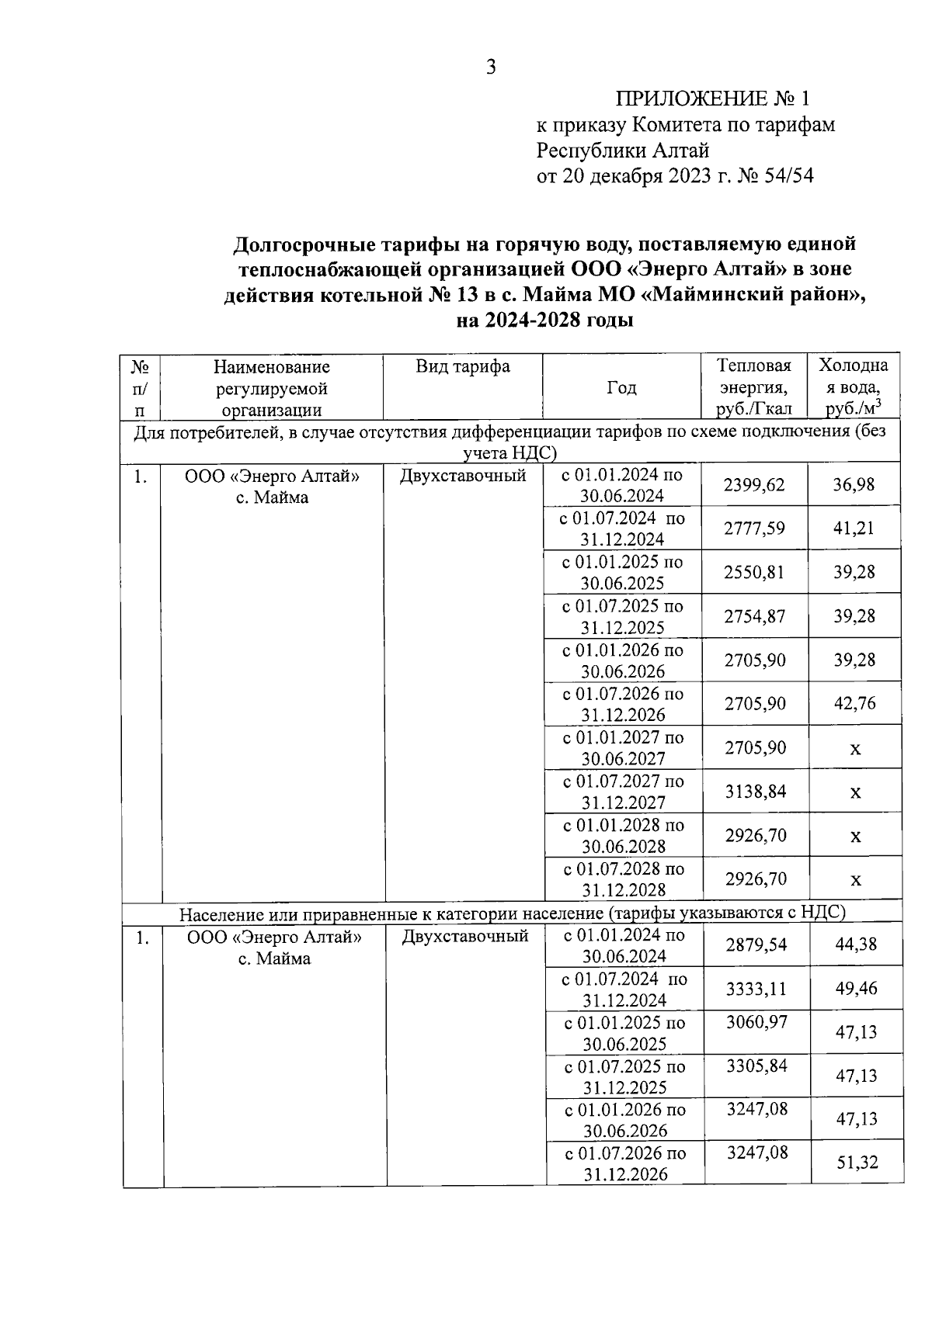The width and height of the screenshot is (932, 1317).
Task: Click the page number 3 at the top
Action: [x=490, y=68]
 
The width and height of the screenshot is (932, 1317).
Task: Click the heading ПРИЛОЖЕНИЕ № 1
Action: [x=711, y=99]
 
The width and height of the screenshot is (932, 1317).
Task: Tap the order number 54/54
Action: [x=788, y=176]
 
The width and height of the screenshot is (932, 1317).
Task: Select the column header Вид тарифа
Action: [x=462, y=366]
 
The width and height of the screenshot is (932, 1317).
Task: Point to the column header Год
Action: [x=621, y=388]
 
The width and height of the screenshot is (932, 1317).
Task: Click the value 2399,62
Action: [x=753, y=485]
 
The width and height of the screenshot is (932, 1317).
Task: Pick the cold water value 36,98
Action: [x=854, y=485]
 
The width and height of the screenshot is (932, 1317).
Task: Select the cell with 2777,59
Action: [x=753, y=529]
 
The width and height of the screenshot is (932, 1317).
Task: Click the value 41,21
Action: [x=854, y=529]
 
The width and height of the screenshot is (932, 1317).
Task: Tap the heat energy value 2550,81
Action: [x=753, y=573]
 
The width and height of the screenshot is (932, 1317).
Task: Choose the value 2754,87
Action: [x=753, y=616]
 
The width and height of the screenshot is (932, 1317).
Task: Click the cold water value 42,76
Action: [x=854, y=704]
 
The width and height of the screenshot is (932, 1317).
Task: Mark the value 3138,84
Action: [x=753, y=792]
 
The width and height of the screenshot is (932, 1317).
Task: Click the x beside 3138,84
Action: [x=854, y=793]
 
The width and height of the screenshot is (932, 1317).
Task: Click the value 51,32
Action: [x=857, y=1163]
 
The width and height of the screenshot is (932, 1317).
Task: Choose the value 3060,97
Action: [x=756, y=1022]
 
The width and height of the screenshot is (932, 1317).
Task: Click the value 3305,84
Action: [x=756, y=1066]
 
